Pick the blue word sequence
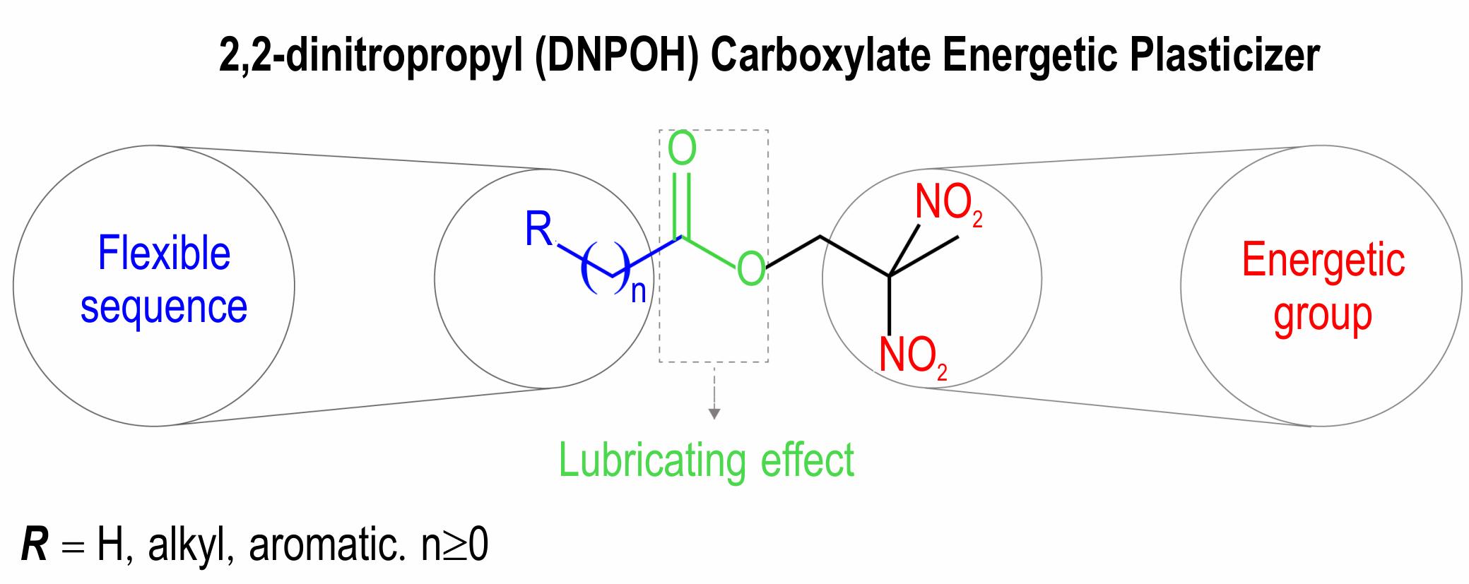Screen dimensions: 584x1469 pos(164,307)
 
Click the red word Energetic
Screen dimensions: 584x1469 pos(1323,261)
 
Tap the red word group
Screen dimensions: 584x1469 pos(1322,315)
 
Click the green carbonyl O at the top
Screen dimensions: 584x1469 pos(682,149)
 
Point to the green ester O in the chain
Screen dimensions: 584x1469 pos(750,269)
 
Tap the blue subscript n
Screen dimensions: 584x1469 pos(639,291)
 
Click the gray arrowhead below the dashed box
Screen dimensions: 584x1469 pos(714,414)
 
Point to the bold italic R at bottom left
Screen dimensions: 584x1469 pos(34,547)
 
